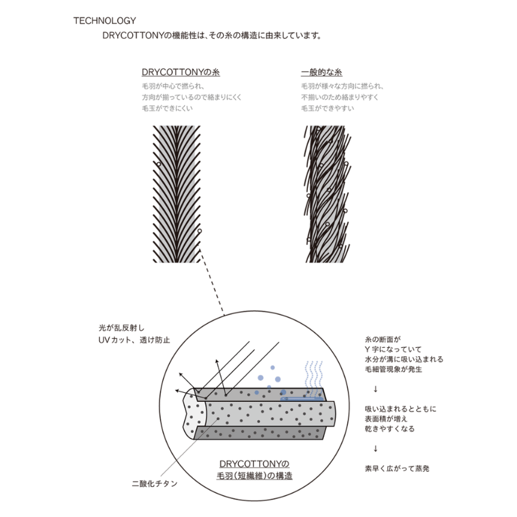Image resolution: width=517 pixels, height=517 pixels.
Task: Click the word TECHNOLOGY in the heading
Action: click(x=105, y=21)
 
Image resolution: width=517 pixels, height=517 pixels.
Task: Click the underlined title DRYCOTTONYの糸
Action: click(x=181, y=72)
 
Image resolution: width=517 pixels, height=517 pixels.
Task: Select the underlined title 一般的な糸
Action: click(x=321, y=72)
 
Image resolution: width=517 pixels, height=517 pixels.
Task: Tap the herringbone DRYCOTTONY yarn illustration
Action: click(x=176, y=194)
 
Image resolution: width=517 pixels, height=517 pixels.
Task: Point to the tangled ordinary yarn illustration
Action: click(x=326, y=194)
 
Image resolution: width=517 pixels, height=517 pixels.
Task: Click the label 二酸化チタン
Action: click(x=155, y=484)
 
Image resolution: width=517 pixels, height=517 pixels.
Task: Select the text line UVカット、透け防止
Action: click(x=134, y=339)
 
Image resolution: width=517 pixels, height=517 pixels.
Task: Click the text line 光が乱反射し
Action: click(x=122, y=328)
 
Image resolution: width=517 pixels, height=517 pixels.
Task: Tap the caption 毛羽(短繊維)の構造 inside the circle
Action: click(x=255, y=475)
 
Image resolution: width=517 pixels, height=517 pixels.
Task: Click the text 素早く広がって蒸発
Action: click(x=397, y=468)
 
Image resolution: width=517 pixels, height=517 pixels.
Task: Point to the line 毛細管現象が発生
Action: click(x=393, y=369)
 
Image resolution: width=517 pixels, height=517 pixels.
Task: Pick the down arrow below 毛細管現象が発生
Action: click(x=375, y=389)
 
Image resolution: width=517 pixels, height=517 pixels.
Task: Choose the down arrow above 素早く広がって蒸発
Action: click(x=375, y=448)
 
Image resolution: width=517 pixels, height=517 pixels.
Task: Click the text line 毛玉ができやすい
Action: click(x=328, y=108)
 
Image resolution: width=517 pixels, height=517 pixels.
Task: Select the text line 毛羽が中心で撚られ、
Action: click(x=173, y=86)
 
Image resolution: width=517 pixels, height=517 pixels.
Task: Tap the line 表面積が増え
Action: click(x=386, y=419)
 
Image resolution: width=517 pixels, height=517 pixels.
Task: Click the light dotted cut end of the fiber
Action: click(x=194, y=414)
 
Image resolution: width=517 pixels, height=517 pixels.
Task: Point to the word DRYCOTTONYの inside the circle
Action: click(x=254, y=464)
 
